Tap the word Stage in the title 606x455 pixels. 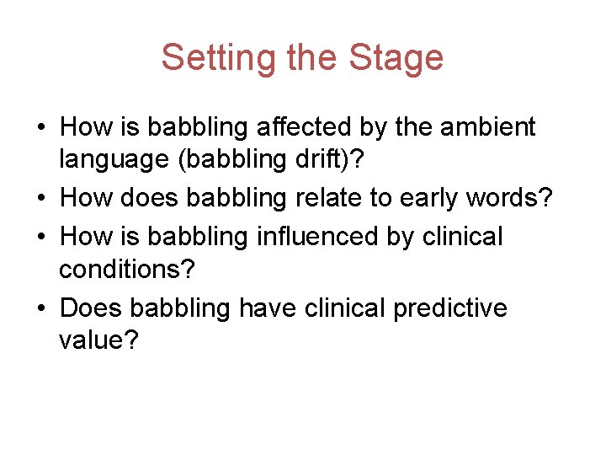(398, 57)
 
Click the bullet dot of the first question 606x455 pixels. (40, 128)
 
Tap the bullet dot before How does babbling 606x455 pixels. (40, 200)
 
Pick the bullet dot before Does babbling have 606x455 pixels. (40, 308)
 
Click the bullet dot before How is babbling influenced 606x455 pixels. (40, 237)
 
